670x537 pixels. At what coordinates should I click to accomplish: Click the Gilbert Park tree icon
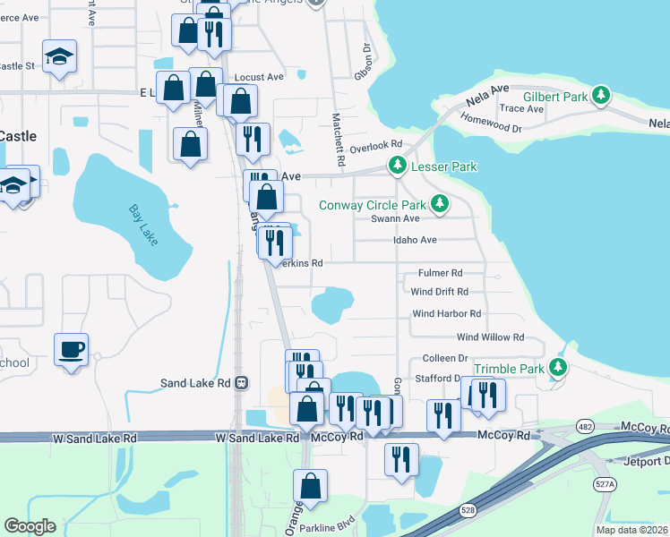click(x=604, y=95)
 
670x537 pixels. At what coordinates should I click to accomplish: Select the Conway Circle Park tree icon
click(x=439, y=205)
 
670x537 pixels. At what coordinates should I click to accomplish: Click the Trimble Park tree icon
click(x=559, y=368)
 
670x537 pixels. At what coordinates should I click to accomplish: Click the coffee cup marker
click(x=71, y=348)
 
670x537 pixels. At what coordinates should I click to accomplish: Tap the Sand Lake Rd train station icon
click(x=241, y=383)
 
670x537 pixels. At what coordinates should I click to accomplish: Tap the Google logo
click(x=30, y=525)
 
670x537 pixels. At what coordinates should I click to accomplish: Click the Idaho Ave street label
click(x=415, y=240)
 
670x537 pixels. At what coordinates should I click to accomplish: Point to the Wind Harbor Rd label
click(x=446, y=314)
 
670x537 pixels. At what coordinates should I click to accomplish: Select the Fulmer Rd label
click(x=440, y=273)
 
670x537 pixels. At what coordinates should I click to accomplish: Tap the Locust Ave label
click(x=259, y=78)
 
